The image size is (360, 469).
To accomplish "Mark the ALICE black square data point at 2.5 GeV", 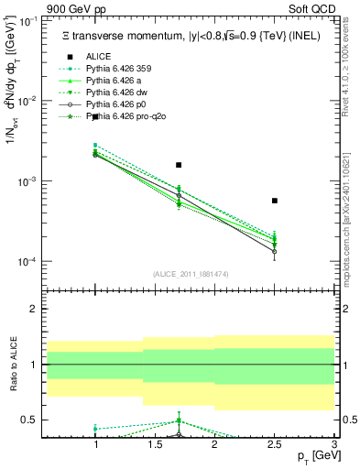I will tap(275, 201).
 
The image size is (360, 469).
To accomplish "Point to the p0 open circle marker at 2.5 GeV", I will tap(275, 251).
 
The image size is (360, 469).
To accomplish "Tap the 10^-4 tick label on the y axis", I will tap(30, 262).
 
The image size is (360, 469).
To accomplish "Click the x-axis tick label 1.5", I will tap(155, 444).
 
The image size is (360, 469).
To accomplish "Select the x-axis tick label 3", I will tap(334, 444).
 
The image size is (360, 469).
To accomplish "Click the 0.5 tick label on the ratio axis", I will tap(31, 420).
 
